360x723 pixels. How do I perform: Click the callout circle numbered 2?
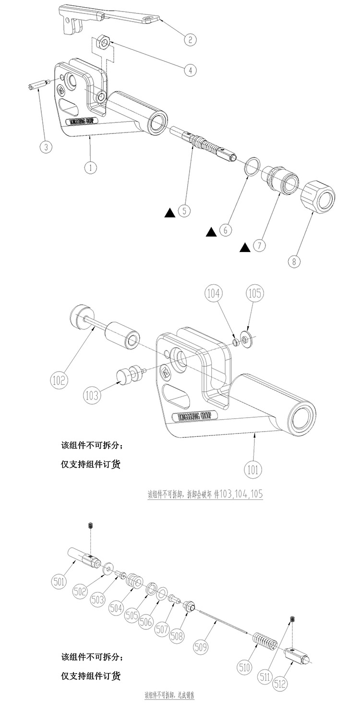point(190,39)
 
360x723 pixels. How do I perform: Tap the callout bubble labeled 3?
point(46,146)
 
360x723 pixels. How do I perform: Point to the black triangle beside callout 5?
point(169,212)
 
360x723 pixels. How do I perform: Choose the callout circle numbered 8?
point(293,262)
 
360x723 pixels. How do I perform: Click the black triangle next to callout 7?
point(245,247)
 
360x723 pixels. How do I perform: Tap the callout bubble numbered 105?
point(254,293)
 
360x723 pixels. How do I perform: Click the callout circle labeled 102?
point(59,381)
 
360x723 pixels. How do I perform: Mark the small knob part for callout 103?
point(127,374)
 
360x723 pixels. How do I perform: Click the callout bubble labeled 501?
point(60,581)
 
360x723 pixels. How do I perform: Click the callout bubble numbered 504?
point(116,607)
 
